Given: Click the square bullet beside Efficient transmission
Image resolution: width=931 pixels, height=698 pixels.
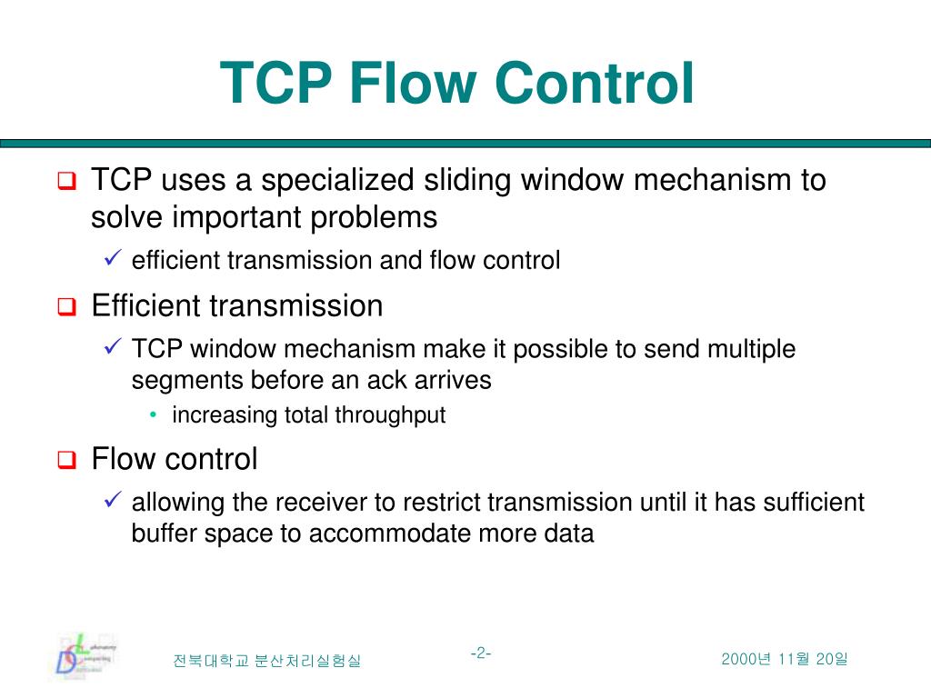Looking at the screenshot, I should pos(66,307).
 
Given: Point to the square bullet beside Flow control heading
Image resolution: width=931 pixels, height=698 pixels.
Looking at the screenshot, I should pos(66,461).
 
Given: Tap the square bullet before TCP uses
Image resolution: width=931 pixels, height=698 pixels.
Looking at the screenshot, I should pos(66,182).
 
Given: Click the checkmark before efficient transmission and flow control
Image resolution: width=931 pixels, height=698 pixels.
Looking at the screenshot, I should pos(113,261).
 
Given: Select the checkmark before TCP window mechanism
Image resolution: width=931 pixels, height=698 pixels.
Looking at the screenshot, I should pos(113,348).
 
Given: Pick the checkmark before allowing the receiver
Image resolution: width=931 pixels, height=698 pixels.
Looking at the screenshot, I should pos(113,501).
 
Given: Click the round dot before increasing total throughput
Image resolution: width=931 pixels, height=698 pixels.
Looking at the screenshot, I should pos(154,415).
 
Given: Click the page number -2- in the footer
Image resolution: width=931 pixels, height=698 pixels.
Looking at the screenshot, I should pos(481,653).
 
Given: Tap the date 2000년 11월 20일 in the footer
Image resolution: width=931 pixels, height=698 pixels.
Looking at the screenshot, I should pos(784,659).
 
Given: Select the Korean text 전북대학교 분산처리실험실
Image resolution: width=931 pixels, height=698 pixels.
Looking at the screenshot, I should pos(266,661).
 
